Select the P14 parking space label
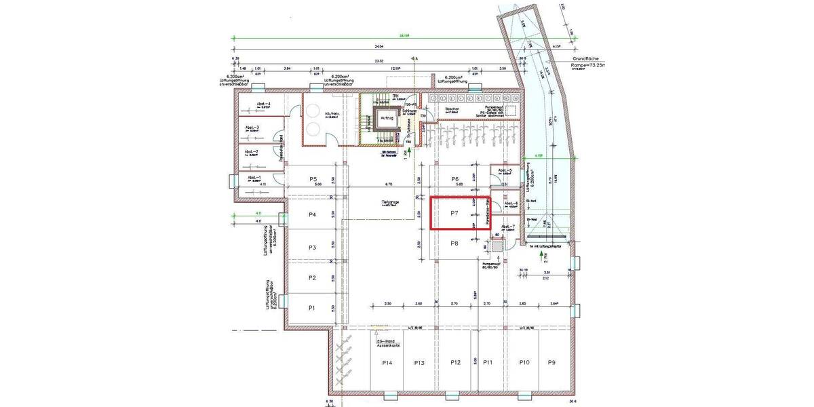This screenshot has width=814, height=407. (387, 364)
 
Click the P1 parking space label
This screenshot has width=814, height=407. (312, 308)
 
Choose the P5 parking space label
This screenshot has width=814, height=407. (313, 179)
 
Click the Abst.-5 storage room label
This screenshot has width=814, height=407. (505, 170)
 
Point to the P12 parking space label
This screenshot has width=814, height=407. (455, 364)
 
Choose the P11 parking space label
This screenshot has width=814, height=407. (488, 364)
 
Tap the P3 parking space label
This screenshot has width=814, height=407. (312, 248)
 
